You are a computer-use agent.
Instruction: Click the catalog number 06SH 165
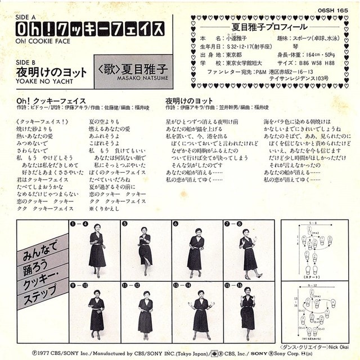[x=333, y=11]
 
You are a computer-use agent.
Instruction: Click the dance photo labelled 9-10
[x=96, y=310]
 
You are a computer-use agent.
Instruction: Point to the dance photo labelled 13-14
[x=197, y=310]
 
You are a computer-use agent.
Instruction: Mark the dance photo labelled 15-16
[x=248, y=310]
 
